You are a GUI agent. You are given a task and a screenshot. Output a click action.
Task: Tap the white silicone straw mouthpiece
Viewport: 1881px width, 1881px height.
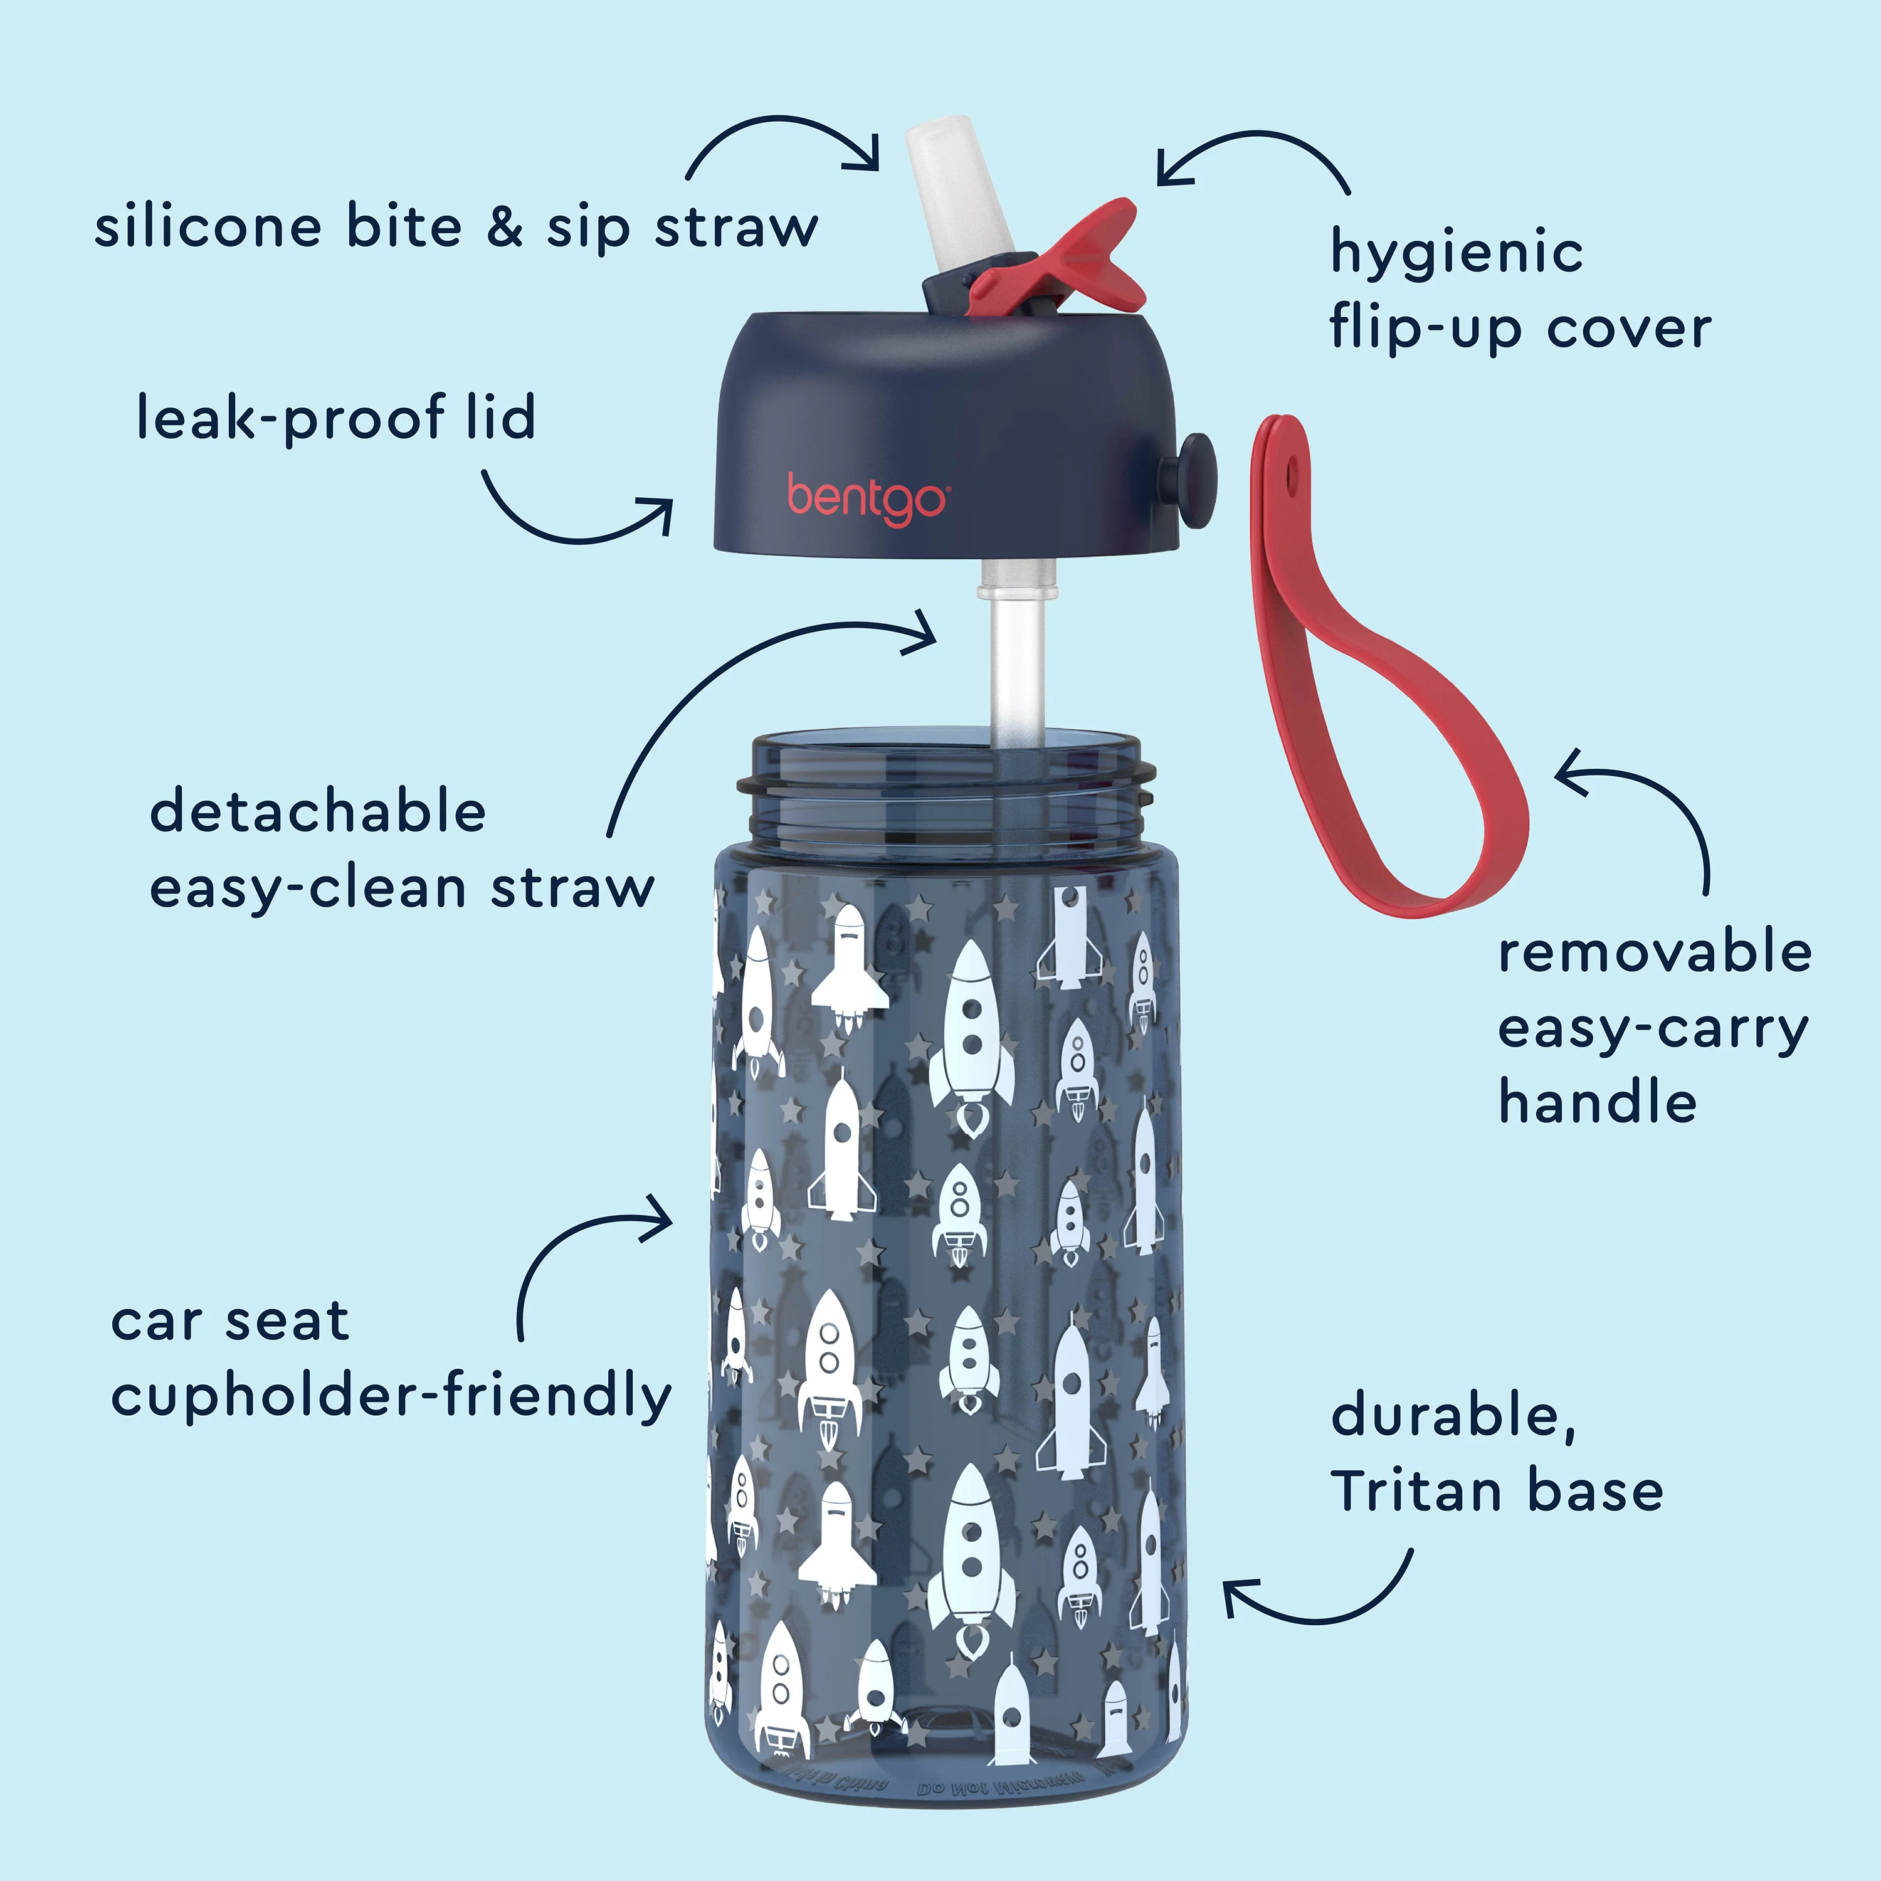[x=942, y=195]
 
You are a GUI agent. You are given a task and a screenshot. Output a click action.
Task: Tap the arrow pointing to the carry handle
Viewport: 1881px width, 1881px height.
[x=1655, y=808]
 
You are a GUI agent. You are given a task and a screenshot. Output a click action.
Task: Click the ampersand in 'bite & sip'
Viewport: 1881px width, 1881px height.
[x=504, y=227]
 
